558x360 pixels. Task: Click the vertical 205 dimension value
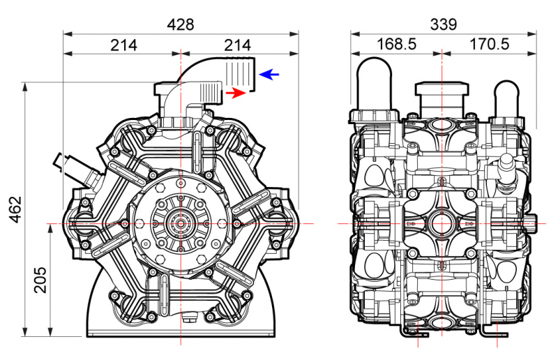tap(40, 280)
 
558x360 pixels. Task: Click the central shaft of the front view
tap(181, 223)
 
